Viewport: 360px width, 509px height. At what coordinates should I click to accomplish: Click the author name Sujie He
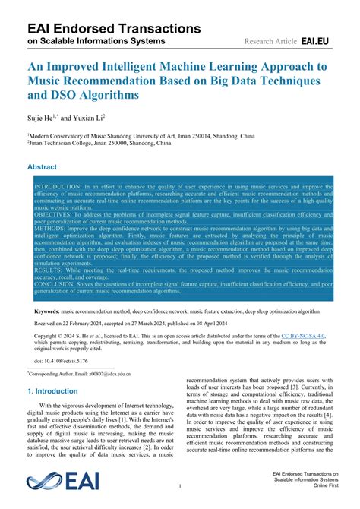click(43, 119)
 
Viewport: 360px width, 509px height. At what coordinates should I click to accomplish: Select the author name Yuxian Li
click(94, 119)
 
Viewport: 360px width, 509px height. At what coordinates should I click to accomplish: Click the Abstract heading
click(42, 167)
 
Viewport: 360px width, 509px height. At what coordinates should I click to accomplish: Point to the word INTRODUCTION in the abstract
click(58, 186)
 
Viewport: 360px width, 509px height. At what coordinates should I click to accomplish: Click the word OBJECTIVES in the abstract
click(54, 214)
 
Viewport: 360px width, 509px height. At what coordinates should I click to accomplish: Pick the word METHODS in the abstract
click(49, 228)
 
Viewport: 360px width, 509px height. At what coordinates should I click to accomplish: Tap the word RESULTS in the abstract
click(49, 270)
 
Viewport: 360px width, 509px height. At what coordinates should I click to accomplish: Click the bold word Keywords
click(47, 312)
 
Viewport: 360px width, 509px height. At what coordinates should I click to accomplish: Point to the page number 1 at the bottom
click(179, 484)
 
